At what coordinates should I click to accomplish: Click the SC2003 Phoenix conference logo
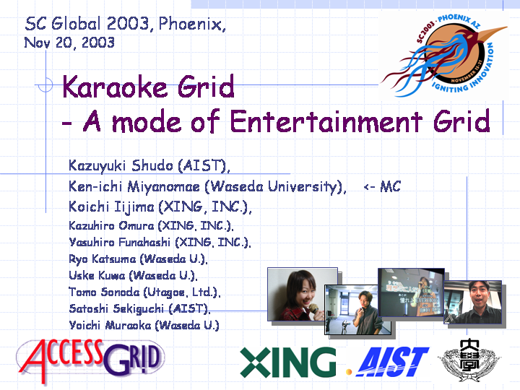(443, 56)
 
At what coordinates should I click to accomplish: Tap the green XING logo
(288, 363)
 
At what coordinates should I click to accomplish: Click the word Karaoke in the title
(114, 87)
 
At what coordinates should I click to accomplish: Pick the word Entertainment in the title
(326, 121)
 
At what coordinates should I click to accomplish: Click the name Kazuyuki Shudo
(121, 165)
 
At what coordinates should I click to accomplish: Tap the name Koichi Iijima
(111, 207)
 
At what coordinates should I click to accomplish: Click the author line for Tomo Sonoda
(144, 292)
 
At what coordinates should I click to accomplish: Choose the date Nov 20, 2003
(69, 43)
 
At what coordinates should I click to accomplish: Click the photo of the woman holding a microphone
(303, 294)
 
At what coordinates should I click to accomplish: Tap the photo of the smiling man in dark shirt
(472, 302)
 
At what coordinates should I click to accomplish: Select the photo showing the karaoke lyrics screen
(411, 292)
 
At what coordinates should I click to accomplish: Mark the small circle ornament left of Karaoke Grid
(45, 85)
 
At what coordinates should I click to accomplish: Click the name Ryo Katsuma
(103, 259)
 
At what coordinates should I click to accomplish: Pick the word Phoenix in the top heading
(191, 24)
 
